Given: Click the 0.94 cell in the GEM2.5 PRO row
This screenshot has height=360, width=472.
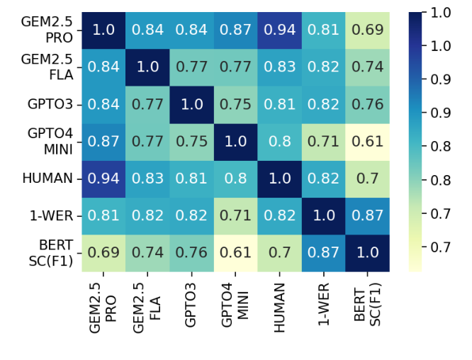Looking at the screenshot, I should coord(279,30).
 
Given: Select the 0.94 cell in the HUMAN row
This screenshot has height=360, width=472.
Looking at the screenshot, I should coord(103,179).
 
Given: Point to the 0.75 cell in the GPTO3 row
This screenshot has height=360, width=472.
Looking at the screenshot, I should coord(235,104).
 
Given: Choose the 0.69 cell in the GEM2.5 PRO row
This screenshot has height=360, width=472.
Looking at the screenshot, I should coord(367,30).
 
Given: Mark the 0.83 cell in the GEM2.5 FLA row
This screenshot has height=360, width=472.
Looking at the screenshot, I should coord(279,67).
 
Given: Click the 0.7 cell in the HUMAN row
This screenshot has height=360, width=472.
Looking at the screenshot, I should coord(367,179).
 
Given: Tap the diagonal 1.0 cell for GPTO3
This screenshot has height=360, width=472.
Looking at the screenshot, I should coord(191,104).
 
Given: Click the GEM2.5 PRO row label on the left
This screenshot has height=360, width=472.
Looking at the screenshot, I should coord(50,30).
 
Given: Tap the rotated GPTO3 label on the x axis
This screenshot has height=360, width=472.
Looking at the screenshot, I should coord(191,305).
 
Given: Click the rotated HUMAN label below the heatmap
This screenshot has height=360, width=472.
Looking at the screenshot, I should coord(279,307).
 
